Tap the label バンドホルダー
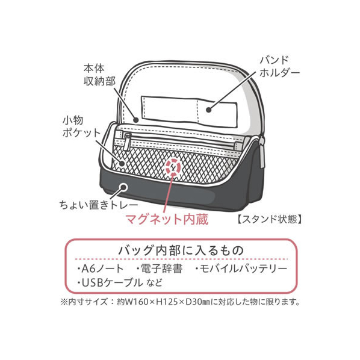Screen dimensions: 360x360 coord(280,67)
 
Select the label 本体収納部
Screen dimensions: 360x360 coord(99,75)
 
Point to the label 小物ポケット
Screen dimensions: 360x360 coord(82,127)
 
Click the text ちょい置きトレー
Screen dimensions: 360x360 coord(99,205)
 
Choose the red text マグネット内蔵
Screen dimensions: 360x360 coord(167,219)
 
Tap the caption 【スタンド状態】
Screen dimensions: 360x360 coord(269,219)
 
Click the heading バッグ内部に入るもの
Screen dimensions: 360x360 coord(181,250)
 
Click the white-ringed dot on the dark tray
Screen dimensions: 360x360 coord(123,187)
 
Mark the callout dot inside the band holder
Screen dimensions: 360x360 coord(208,110)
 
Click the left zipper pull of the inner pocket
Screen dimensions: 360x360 coord(126,142)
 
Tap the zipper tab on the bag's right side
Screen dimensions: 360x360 coord(262,153)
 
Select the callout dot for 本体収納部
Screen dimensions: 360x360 coord(136,120)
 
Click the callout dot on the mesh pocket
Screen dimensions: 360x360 coord(122,164)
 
